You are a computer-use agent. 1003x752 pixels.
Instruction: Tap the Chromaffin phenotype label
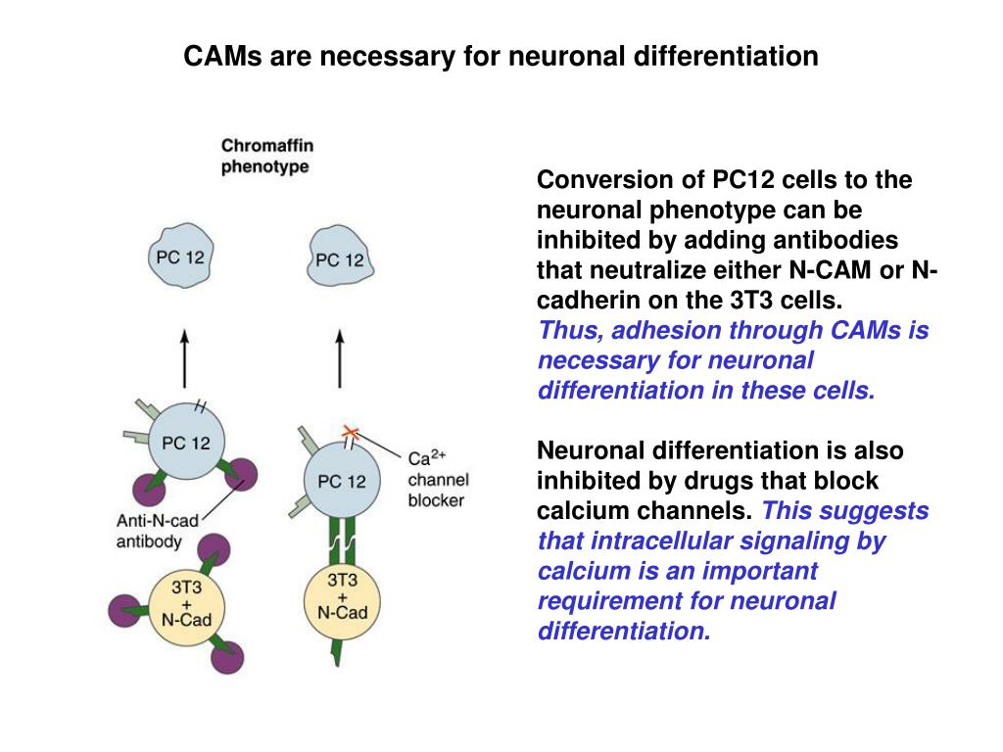267,156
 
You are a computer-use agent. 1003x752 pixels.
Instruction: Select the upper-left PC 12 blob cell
180,256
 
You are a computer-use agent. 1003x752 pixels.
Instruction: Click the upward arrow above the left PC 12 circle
185,358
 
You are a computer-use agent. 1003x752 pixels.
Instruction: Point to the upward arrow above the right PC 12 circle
340,358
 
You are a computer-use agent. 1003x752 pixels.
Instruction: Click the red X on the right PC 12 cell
351,432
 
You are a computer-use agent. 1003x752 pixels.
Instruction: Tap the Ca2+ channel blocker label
438,479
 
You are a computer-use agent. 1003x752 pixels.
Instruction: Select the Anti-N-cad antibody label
157,531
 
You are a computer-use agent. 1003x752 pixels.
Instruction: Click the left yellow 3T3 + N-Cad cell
186,604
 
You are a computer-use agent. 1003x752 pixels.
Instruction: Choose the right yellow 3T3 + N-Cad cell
342,601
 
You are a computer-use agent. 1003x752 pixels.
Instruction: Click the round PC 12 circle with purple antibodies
186,442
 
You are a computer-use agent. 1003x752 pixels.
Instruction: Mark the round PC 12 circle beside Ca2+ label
342,480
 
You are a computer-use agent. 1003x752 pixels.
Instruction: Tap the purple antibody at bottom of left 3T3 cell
227,657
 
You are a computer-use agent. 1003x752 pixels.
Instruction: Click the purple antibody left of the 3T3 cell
124,611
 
